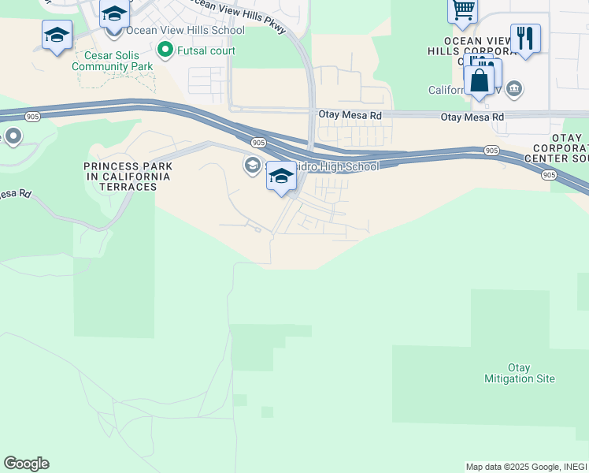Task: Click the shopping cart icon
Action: click(x=463, y=10)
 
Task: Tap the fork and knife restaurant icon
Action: click(x=525, y=37)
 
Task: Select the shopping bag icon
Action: click(x=479, y=80)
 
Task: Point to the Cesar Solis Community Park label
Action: click(x=112, y=61)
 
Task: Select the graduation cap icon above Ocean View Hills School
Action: click(x=114, y=14)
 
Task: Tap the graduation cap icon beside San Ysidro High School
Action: click(x=281, y=176)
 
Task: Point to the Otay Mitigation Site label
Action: click(x=519, y=373)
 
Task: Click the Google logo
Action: click(x=26, y=464)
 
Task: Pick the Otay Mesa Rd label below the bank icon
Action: click(x=472, y=117)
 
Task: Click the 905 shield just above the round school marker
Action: click(x=258, y=142)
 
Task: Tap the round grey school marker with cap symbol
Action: click(x=252, y=164)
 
